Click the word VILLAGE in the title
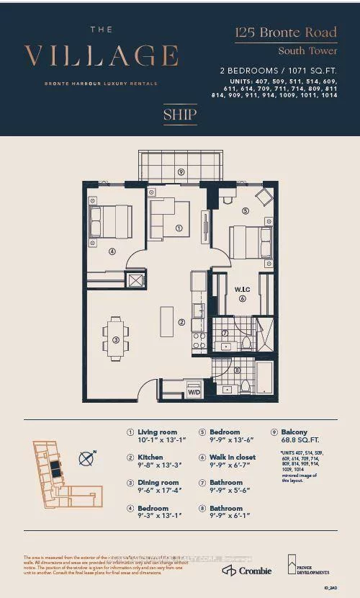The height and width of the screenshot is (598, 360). [x=101, y=56]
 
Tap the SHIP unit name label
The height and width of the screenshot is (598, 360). [x=179, y=114]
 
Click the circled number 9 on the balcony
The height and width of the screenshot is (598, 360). [x=181, y=172]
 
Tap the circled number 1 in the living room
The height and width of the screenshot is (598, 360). [x=179, y=228]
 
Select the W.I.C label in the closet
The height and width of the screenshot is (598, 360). [x=242, y=290]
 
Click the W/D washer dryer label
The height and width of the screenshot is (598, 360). [x=194, y=393]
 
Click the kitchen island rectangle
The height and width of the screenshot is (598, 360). [x=166, y=321]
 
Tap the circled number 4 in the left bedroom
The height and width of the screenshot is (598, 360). [x=112, y=251]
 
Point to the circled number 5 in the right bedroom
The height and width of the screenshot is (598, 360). [x=245, y=211]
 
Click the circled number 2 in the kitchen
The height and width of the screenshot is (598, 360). [x=182, y=322]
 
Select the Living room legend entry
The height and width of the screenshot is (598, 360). [x=157, y=432]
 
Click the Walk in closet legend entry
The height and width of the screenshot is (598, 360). [x=231, y=458]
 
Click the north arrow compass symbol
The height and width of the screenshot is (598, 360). [x=87, y=457]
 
